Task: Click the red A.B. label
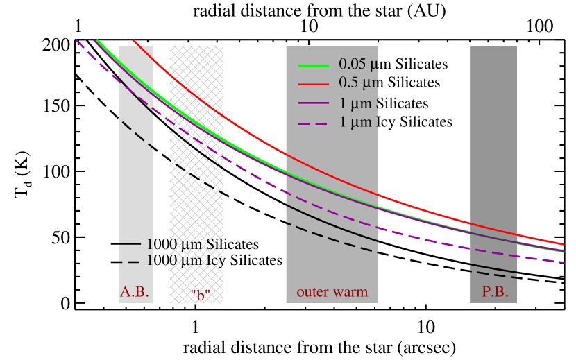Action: [x=135, y=292]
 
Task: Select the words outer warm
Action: [x=332, y=292]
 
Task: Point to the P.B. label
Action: [x=495, y=292]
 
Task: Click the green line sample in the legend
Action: [x=313, y=65]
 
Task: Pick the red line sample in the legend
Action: [x=313, y=83]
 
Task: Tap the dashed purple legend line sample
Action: [x=313, y=123]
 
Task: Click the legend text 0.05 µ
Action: [x=358, y=64]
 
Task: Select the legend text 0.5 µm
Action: [x=358, y=83]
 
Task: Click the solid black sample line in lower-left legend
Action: [x=130, y=244]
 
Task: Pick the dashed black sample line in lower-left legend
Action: [x=130, y=262]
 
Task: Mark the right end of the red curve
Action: [x=563, y=244]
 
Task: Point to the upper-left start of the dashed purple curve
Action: [x=77, y=40]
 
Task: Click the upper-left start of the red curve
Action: [x=134, y=41]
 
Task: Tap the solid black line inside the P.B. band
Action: [x=493, y=268]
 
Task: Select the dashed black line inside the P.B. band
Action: [x=493, y=275]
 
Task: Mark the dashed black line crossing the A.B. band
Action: [x=136, y=132]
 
